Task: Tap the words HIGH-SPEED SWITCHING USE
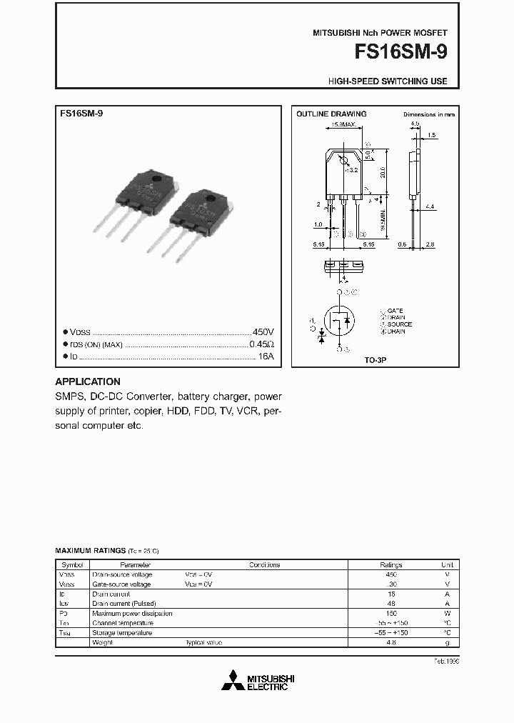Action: [x=388, y=81]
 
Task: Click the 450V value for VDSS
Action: [x=263, y=333]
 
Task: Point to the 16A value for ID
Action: [x=266, y=356]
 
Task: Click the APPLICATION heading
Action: [x=88, y=382]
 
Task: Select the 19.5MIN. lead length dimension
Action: [x=383, y=215]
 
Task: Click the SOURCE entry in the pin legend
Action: [x=399, y=324]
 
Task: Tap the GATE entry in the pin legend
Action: [x=395, y=311]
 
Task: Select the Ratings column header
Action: [x=391, y=564]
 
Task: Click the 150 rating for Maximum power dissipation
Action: [x=391, y=613]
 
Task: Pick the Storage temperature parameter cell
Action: [x=122, y=633]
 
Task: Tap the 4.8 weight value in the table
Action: [x=391, y=643]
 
